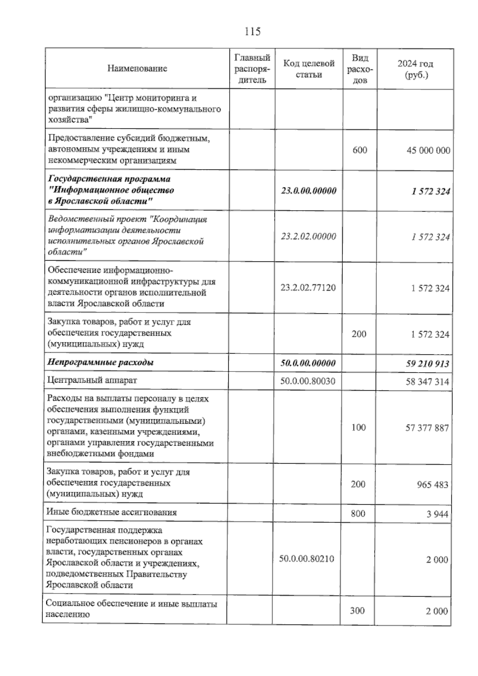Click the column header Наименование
(x=137, y=69)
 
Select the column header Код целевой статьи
(x=309, y=69)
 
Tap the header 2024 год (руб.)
(x=415, y=69)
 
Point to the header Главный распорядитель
(x=252, y=69)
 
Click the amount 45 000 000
(x=428, y=150)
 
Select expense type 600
(x=360, y=150)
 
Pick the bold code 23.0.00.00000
(x=309, y=191)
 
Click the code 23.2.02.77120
(x=308, y=287)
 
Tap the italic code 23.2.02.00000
(x=308, y=236)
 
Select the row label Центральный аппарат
(x=92, y=380)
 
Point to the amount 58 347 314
(x=427, y=382)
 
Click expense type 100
(x=358, y=427)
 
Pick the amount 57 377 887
(x=427, y=428)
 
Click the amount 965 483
(x=432, y=485)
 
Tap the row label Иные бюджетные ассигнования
(x=112, y=512)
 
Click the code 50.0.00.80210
(x=306, y=558)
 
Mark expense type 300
(x=357, y=610)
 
